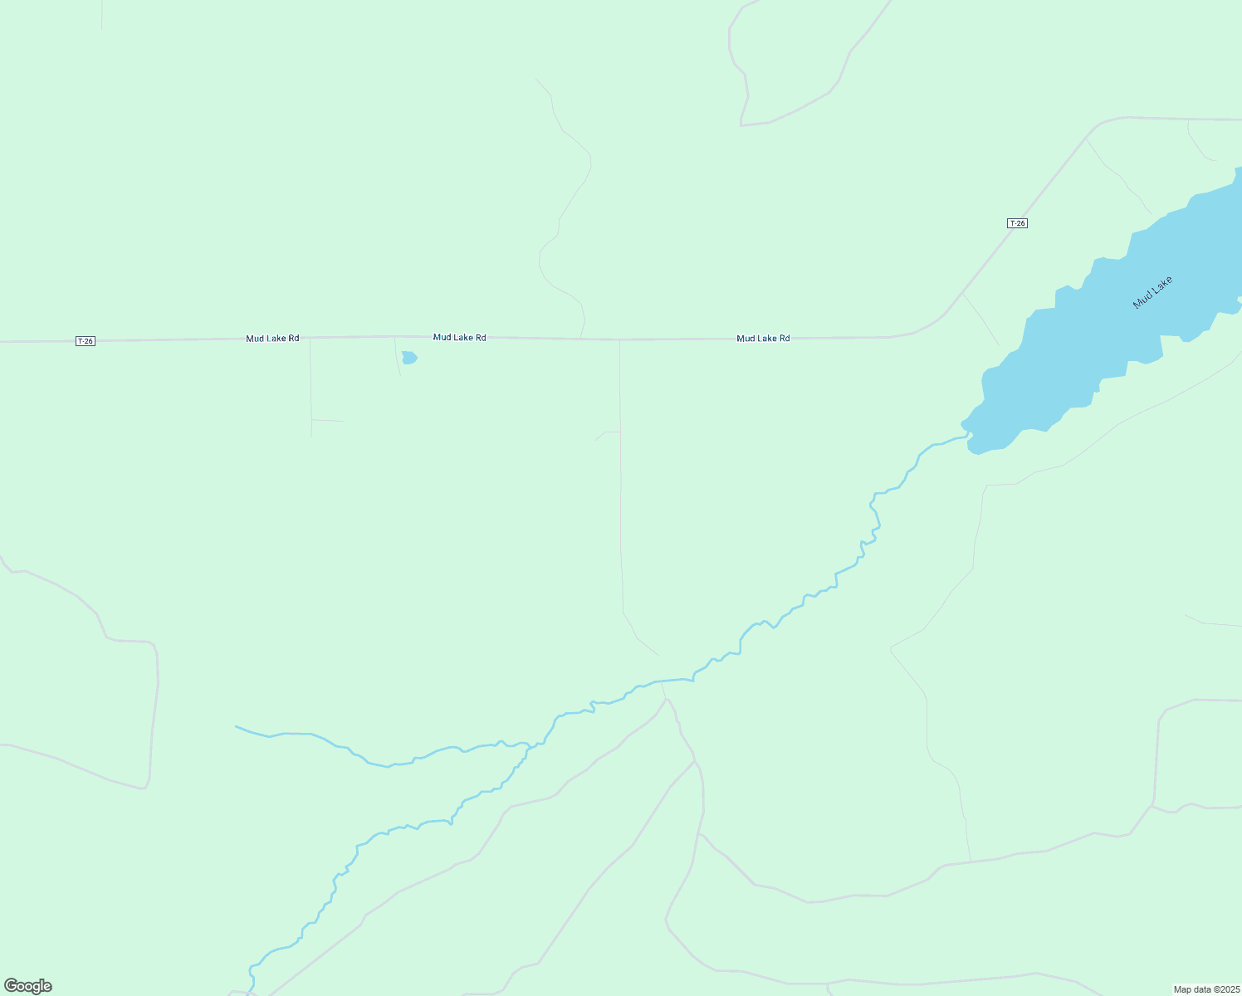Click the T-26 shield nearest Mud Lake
pyautogui.click(x=1017, y=223)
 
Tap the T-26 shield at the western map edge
pyautogui.click(x=86, y=341)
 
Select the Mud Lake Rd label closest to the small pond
pyautogui.click(x=459, y=337)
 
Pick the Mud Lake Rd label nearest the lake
pyautogui.click(x=763, y=338)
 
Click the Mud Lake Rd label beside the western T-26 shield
pyautogui.click(x=272, y=339)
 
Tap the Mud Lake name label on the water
pyautogui.click(x=1152, y=292)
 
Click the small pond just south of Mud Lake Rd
pyautogui.click(x=408, y=358)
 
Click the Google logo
pyautogui.click(x=28, y=986)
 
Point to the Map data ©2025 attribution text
pyautogui.click(x=1206, y=989)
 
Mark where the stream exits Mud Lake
pyautogui.click(x=968, y=435)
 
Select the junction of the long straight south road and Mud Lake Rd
pyautogui.click(x=619, y=339)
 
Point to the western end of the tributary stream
pyautogui.click(x=237, y=726)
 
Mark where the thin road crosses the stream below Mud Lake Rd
pyautogui.click(x=662, y=681)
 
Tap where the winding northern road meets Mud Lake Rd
pyautogui.click(x=580, y=339)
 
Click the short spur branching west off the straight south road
pyautogui.click(x=605, y=433)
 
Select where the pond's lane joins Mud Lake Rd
pyautogui.click(x=394, y=337)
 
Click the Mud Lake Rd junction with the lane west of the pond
pyautogui.click(x=310, y=338)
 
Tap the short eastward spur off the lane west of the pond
pyautogui.click(x=328, y=420)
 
